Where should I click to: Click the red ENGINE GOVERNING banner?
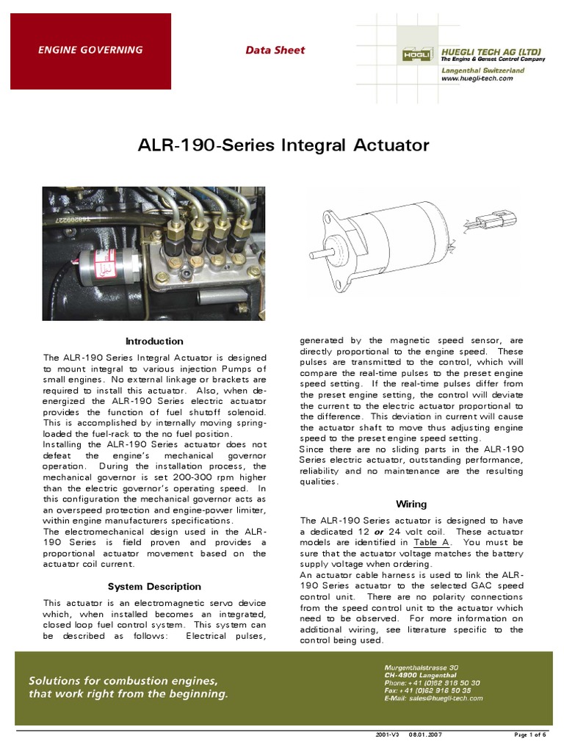[x=90, y=51]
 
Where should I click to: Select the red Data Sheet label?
[x=275, y=51]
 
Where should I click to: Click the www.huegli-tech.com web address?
[x=477, y=78]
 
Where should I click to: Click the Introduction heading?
[x=154, y=341]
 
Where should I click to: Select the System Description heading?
[x=154, y=587]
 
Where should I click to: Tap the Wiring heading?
[x=411, y=505]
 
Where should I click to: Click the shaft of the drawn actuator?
[x=322, y=254]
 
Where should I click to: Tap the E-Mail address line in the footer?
[x=433, y=698]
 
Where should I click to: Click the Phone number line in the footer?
[x=432, y=683]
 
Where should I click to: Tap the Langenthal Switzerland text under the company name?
[x=482, y=70]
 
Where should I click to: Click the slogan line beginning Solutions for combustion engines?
[x=123, y=680]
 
